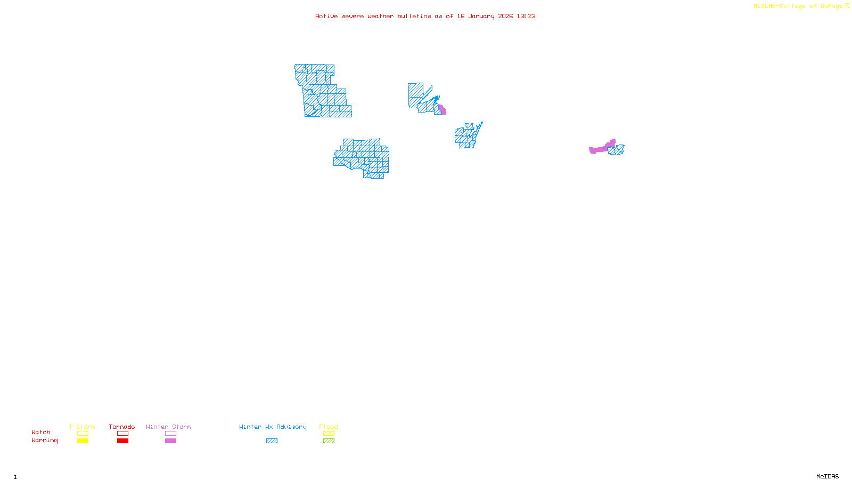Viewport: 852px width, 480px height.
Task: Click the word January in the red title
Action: coord(481,16)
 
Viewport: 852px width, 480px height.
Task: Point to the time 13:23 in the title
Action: coord(526,16)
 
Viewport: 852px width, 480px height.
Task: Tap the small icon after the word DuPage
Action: coord(847,6)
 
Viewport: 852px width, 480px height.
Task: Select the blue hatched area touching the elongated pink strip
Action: coord(617,150)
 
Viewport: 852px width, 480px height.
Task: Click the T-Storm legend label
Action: coord(82,427)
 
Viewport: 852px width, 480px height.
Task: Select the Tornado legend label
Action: coord(122,427)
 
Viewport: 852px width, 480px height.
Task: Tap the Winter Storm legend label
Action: coord(168,427)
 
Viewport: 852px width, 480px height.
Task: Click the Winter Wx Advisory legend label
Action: coord(273,427)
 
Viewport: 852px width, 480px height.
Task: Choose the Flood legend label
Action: coord(329,427)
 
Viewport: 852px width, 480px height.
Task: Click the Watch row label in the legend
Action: coord(41,432)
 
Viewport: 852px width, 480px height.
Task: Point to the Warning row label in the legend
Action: coord(44,441)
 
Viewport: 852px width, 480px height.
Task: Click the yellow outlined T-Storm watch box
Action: coord(83,434)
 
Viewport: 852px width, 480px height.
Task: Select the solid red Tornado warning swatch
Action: coord(123,441)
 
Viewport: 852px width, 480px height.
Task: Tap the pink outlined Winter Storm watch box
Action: coord(170,434)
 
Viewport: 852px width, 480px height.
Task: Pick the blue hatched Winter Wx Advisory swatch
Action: coord(272,441)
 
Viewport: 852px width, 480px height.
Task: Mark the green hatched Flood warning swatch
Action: coord(329,441)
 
